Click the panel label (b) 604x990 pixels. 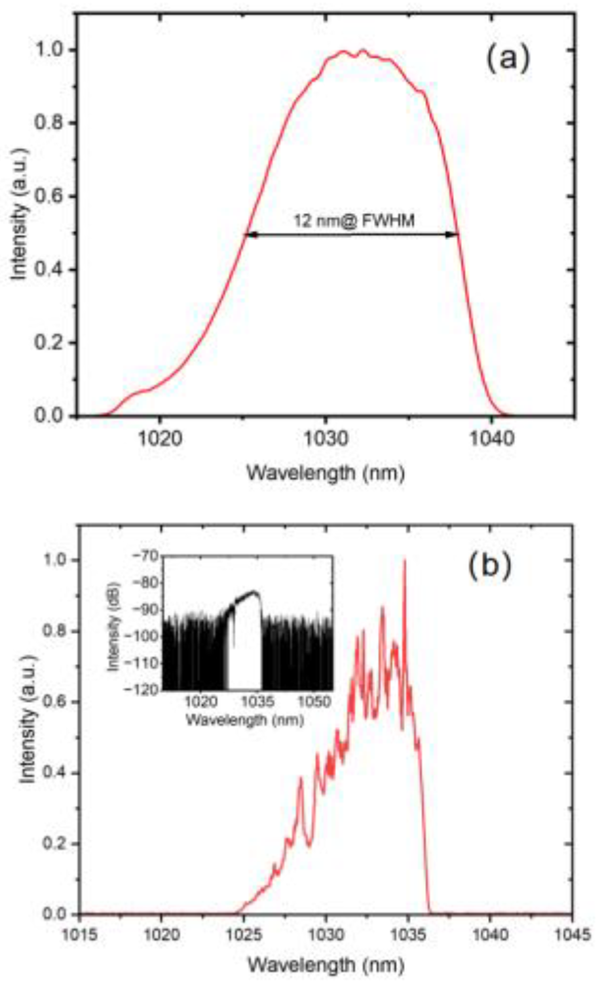pos(489,566)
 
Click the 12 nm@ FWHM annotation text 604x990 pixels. pos(354,221)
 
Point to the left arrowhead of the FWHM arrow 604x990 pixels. pos(249,235)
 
